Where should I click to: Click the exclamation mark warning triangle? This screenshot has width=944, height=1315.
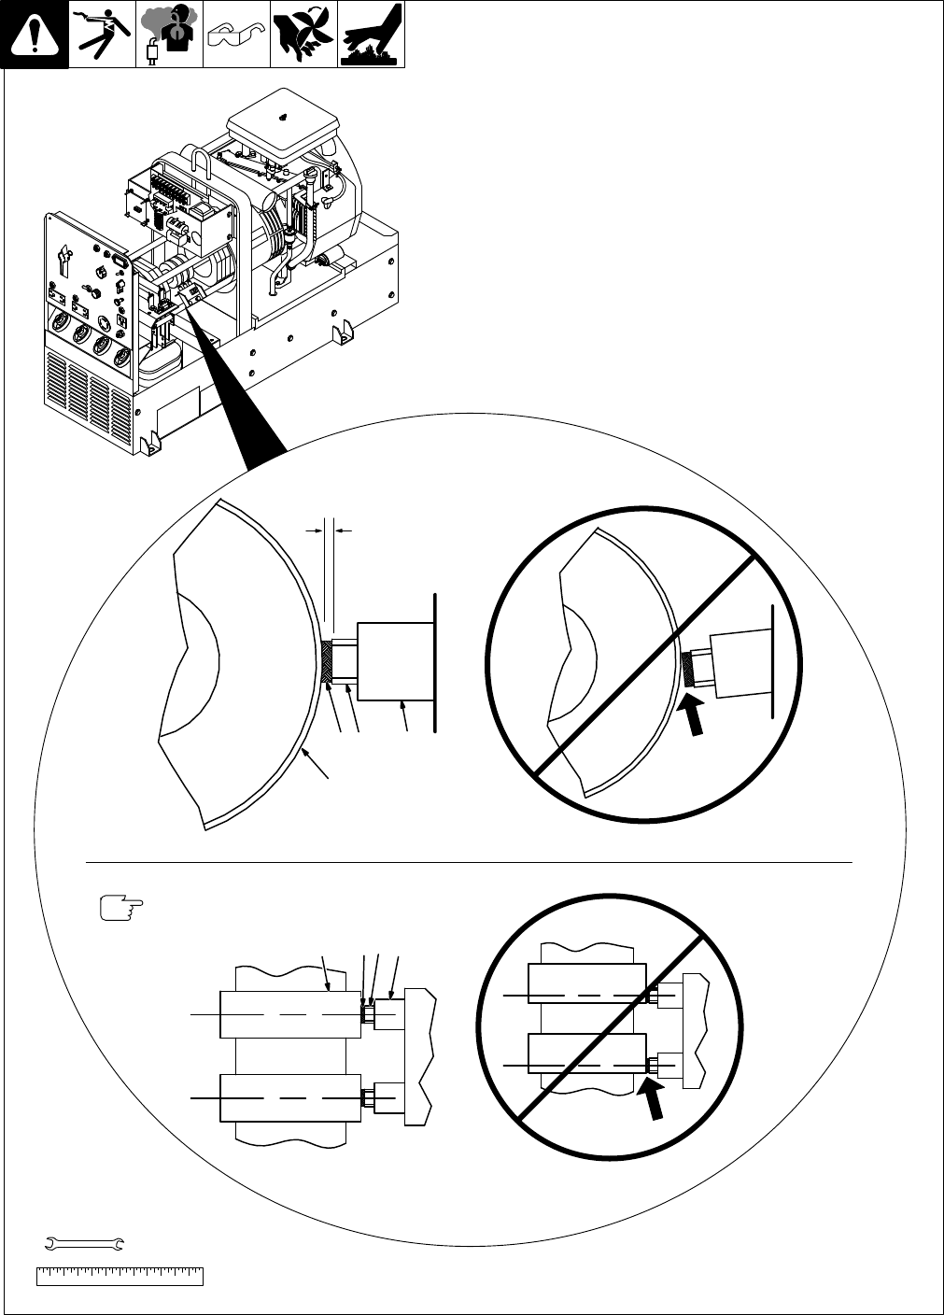(x=35, y=35)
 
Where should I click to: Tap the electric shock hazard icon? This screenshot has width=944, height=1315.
(x=102, y=35)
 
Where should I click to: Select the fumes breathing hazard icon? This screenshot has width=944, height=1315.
(x=169, y=35)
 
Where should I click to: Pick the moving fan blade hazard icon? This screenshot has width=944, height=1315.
(x=303, y=35)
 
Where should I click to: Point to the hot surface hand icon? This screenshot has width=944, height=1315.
(x=371, y=35)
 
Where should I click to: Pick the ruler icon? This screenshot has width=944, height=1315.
(x=120, y=1276)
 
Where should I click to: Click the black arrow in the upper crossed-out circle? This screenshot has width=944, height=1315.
(x=696, y=717)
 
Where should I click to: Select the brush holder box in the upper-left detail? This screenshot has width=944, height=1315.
(x=394, y=660)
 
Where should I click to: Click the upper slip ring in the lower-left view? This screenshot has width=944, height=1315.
(x=289, y=1013)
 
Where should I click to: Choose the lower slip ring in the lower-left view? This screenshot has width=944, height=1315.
(x=289, y=1097)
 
